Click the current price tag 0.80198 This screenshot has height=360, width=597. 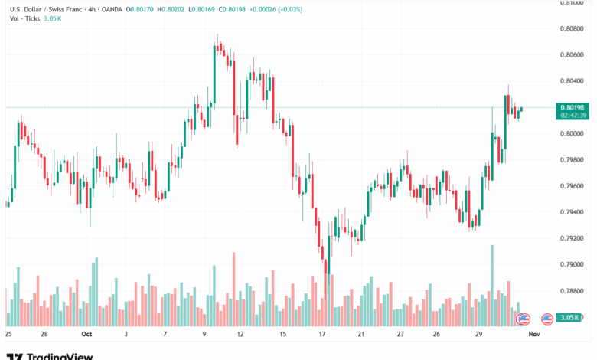pos(573,107)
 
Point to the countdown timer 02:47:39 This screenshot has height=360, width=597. pos(573,116)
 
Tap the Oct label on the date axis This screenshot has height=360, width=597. pos(86,335)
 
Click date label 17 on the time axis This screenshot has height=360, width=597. pos(323,335)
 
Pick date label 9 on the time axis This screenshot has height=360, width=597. pos(204,335)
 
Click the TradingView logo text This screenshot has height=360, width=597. pos(60,355)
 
